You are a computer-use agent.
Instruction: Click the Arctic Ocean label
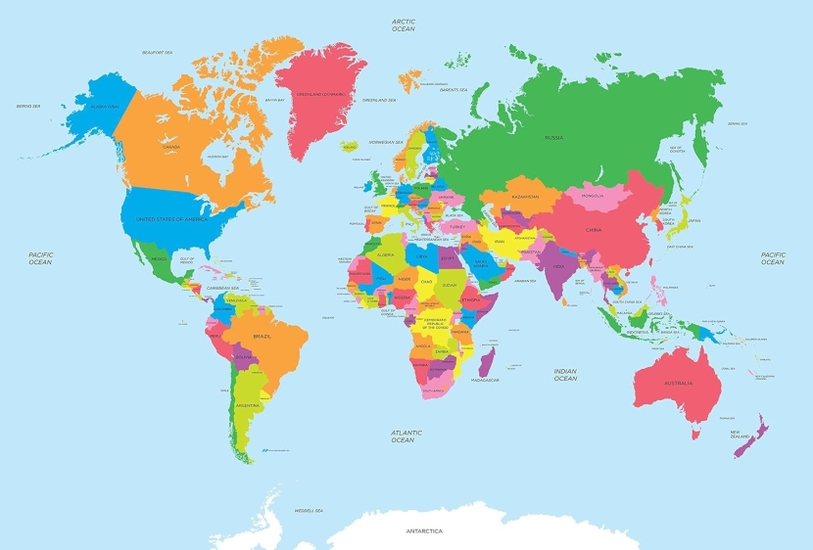tap(404, 24)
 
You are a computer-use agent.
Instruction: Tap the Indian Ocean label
tap(565, 375)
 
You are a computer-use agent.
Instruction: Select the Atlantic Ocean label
tap(406, 436)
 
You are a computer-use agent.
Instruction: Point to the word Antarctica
tap(425, 532)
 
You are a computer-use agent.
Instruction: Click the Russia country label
tap(553, 138)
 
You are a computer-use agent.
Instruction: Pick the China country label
tap(595, 230)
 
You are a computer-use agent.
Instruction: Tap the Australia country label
tap(677, 382)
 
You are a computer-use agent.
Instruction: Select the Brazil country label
tap(263, 337)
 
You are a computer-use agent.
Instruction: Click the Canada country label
tap(171, 147)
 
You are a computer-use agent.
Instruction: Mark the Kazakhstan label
tap(524, 197)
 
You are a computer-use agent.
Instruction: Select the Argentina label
tap(247, 404)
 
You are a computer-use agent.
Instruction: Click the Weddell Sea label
tap(310, 510)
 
